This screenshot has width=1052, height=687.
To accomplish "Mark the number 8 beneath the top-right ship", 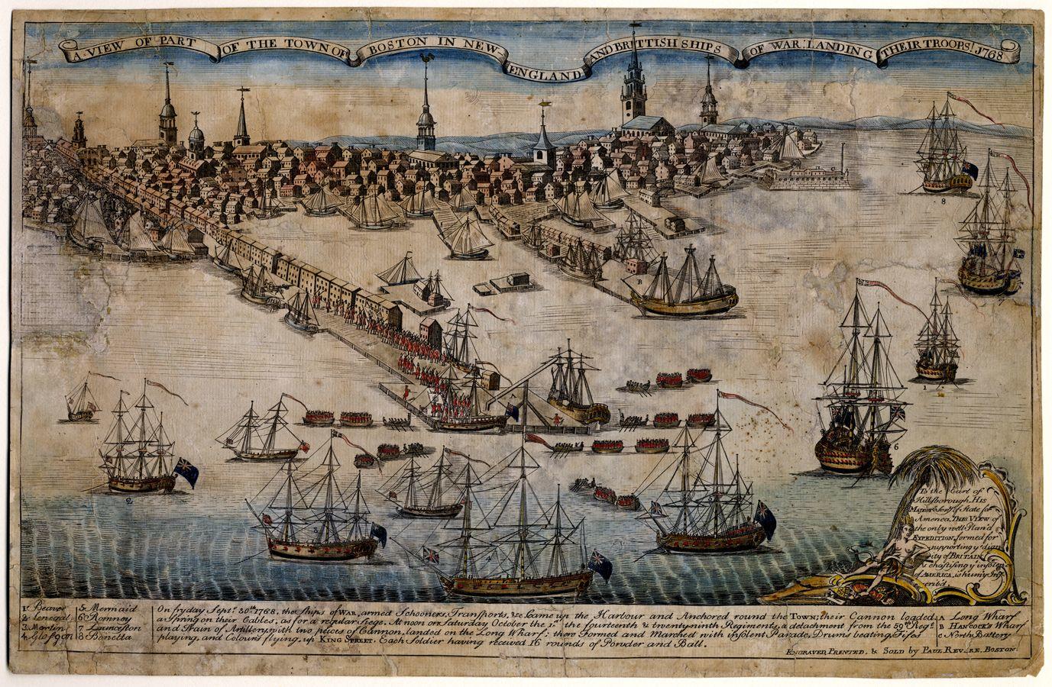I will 944,202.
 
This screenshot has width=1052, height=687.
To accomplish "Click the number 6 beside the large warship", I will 896,442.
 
